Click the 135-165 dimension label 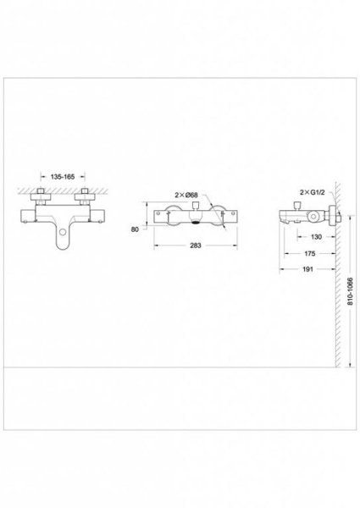(63, 177)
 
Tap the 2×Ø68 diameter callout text (186, 195)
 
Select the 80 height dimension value (135, 229)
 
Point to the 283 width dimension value (196, 246)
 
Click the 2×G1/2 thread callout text (313, 192)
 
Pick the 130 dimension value (316, 237)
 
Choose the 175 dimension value (310, 253)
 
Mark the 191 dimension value (307, 269)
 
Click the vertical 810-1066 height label (350, 291)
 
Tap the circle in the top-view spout (63, 232)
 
